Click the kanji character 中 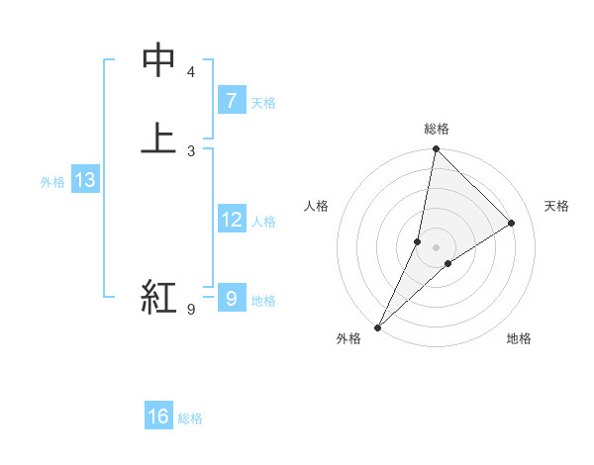click(158, 61)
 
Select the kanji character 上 click(158, 138)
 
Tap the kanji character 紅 click(158, 296)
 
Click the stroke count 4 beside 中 click(191, 72)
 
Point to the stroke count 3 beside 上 click(191, 150)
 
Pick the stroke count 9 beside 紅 click(191, 310)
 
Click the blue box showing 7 click(231, 100)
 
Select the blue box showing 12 click(231, 220)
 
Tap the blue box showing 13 click(85, 180)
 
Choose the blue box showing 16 click(158, 417)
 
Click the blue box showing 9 click(231, 298)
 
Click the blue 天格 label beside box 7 click(263, 102)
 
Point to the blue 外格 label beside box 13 click(52, 182)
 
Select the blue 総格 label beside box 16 click(190, 418)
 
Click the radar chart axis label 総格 click(437, 130)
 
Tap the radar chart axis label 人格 click(317, 206)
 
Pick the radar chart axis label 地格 click(519, 338)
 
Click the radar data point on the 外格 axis click(378, 326)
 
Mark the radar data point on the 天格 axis click(512, 224)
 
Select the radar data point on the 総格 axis click(437, 149)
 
